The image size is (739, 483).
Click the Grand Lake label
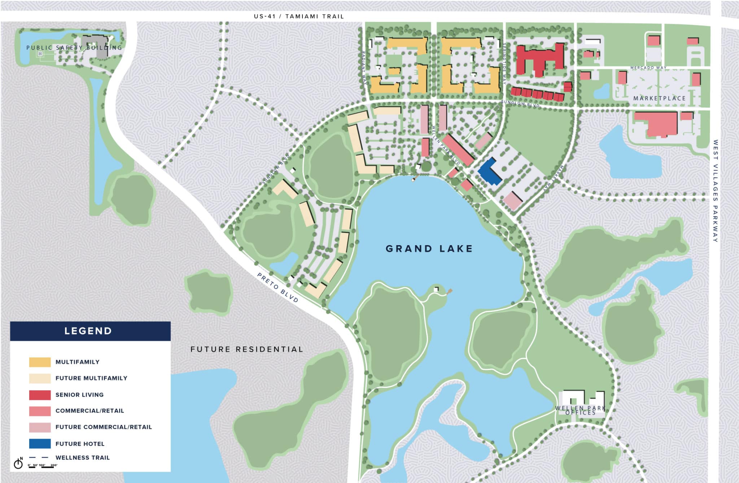point(429,249)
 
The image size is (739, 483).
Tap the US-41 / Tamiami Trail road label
point(299,16)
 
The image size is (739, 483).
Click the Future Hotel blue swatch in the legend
point(40,444)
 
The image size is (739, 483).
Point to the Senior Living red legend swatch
point(40,395)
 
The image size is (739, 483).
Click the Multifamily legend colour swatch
point(40,362)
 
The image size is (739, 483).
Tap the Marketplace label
point(659,98)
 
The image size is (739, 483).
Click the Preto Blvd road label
point(277,287)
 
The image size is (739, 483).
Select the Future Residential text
point(247,349)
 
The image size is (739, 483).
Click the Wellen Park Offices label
point(580,410)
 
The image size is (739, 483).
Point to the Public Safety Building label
point(74,48)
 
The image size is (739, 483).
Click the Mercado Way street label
point(648,68)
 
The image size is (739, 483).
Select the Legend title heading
point(88,331)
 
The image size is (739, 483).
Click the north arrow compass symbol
point(18,464)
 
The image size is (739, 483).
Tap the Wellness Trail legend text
point(82,458)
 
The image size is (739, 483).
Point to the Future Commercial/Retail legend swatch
point(40,427)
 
